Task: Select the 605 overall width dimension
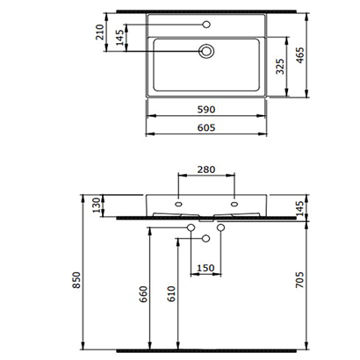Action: [x=206, y=128]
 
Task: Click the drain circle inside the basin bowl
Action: [x=207, y=52]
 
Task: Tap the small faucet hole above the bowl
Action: [x=207, y=24]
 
